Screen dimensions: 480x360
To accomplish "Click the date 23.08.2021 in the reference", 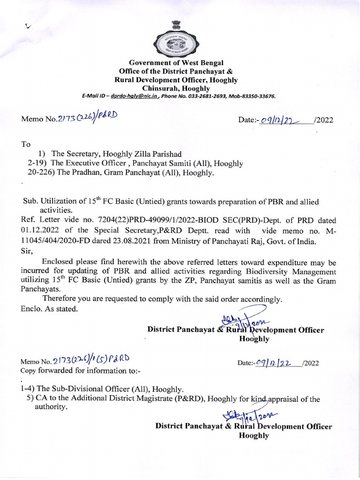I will click(156, 241).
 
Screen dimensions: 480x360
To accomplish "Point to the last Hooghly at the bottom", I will click(254, 435).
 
